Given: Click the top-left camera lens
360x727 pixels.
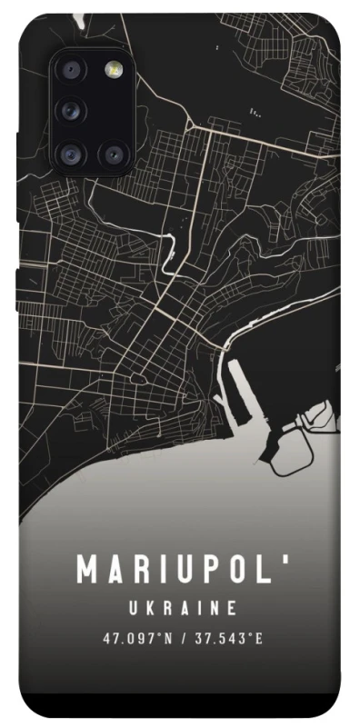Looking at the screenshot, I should [70, 72].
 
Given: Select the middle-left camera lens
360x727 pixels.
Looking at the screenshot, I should [70, 112].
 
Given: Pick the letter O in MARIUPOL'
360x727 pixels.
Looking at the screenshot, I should [239, 571].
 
